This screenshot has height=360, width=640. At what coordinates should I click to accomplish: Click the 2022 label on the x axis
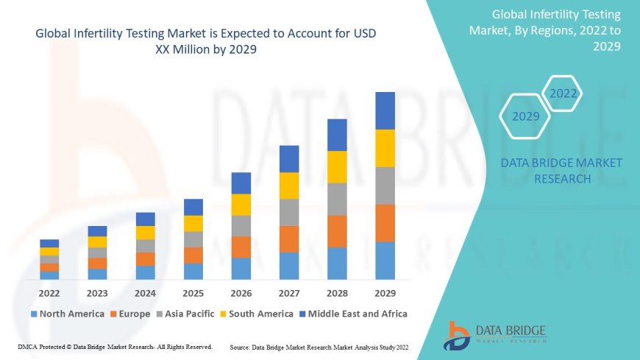click(x=49, y=292)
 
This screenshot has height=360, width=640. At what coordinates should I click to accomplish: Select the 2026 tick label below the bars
click(x=241, y=292)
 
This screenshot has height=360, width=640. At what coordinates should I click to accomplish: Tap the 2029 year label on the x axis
click(x=385, y=292)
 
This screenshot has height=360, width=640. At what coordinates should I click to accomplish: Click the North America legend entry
click(x=67, y=314)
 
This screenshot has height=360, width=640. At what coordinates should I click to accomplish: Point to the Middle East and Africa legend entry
click(x=356, y=314)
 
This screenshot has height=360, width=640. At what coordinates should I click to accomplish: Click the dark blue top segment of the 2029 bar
click(x=385, y=110)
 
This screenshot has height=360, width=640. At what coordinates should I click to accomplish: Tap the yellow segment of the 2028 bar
click(x=337, y=166)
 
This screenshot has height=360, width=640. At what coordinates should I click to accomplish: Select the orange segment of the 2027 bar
click(x=289, y=239)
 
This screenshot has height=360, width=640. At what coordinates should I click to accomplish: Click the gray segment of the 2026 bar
click(x=241, y=225)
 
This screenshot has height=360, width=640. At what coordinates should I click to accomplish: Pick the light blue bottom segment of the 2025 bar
click(x=193, y=271)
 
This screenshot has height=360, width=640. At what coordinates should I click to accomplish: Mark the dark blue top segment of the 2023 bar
click(x=97, y=231)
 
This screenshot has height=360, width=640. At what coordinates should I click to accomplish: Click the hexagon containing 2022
click(x=563, y=93)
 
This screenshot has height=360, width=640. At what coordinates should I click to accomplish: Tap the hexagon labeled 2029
click(x=525, y=116)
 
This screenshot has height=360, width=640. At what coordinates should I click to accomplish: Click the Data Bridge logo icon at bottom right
click(x=457, y=335)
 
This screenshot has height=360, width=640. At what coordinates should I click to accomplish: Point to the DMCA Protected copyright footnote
click(x=115, y=346)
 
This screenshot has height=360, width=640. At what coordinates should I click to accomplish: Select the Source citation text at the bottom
click(x=319, y=346)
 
